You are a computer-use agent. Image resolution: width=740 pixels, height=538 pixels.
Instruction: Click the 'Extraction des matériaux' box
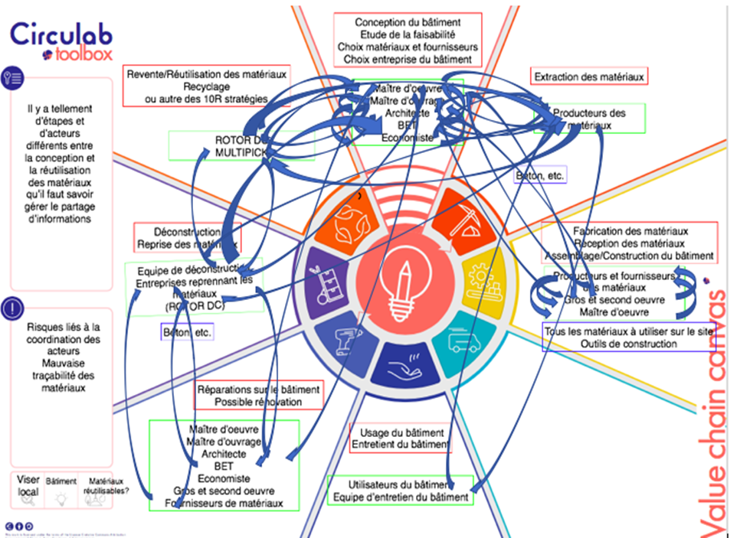(590, 77)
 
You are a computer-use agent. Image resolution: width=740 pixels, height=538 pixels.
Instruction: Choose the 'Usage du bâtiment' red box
(400, 438)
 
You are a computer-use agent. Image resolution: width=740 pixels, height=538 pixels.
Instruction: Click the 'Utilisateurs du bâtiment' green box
(399, 491)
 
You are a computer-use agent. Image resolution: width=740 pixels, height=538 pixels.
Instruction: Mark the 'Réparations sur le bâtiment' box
(259, 396)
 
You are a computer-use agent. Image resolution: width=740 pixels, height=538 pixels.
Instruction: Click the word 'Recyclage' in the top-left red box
(207, 87)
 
